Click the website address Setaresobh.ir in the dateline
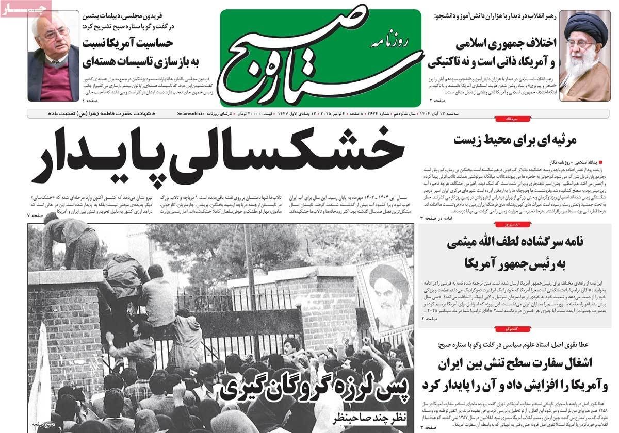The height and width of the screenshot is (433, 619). coord(191,112)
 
